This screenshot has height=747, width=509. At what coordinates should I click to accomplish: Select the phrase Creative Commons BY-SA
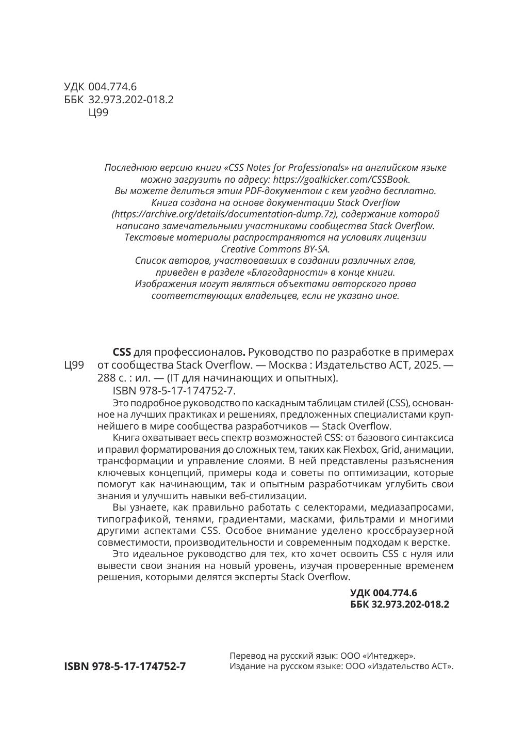[x=278, y=249]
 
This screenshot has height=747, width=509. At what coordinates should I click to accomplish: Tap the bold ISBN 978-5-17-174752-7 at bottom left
[x=125, y=666]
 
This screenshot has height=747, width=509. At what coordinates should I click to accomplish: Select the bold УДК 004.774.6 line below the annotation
[x=383, y=593]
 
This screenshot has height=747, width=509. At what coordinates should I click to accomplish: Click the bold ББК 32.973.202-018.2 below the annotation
[x=399, y=603]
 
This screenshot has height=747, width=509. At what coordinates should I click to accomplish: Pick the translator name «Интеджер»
[x=390, y=656]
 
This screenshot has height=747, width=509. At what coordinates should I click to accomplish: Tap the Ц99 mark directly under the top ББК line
[x=99, y=113]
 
